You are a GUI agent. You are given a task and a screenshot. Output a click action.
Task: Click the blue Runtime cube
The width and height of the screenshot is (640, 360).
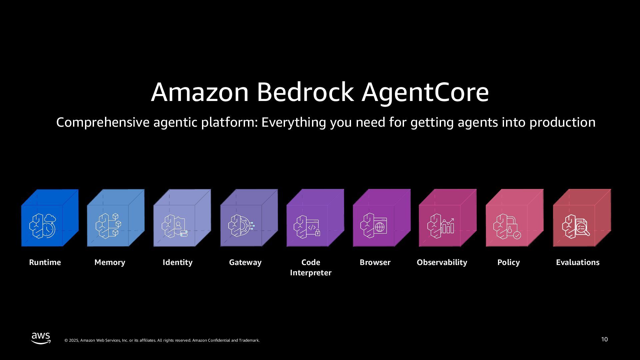50,218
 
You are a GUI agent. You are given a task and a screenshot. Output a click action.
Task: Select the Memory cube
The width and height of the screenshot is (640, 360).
116,218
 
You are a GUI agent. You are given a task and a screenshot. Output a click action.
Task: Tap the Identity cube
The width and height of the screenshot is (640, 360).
182,218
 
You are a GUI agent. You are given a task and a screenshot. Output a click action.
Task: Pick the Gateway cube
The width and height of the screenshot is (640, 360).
249,218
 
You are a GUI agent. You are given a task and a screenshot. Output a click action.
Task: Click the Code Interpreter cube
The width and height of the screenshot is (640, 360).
315,218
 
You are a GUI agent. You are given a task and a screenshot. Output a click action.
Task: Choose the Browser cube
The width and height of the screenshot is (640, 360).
382,218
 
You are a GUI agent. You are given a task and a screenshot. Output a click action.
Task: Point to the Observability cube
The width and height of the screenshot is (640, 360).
448,218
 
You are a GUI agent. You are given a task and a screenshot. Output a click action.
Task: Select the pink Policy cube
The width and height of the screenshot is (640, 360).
514,218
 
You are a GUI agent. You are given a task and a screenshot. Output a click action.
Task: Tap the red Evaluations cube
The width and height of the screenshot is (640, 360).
582,218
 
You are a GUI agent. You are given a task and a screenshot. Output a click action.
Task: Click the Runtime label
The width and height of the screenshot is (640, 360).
45,262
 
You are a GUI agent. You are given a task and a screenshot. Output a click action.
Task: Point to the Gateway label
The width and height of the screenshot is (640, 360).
245,262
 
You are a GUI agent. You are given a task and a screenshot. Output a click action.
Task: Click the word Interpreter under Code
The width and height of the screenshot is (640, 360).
311,273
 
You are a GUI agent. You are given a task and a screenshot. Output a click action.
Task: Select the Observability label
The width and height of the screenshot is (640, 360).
442,262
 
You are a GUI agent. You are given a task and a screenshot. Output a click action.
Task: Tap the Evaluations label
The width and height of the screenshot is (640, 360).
578,262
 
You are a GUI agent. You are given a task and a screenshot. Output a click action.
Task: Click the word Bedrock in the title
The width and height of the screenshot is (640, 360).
305,92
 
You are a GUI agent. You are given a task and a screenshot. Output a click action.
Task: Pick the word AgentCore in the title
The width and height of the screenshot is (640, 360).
425,92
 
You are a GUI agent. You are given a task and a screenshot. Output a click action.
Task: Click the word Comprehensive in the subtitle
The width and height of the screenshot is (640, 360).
103,122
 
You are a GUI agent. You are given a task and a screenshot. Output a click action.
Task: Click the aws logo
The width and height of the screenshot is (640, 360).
41,338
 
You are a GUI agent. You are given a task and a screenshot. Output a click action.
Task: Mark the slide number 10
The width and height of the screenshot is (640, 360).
604,339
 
